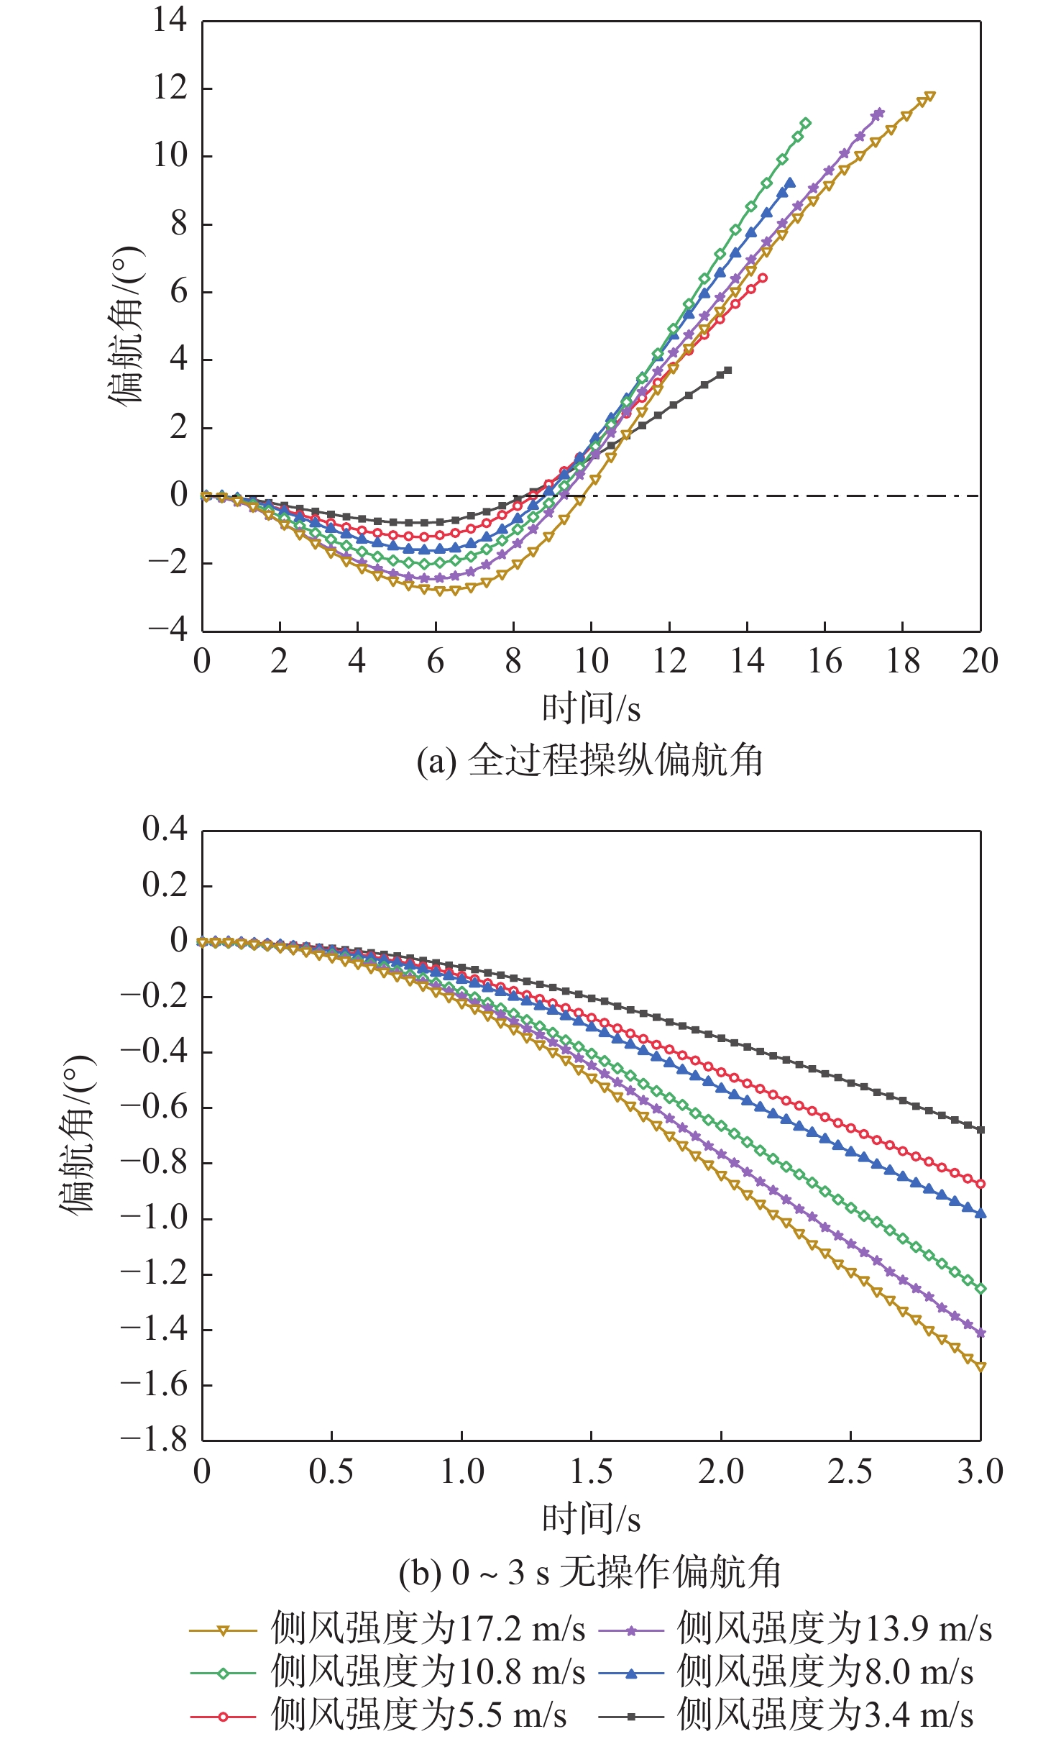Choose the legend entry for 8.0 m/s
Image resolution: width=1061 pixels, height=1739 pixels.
[786, 1672]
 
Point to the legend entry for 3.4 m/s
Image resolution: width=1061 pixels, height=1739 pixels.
[786, 1715]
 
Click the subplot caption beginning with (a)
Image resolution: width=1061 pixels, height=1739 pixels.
[589, 760]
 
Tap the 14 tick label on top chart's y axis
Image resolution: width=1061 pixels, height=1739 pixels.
[170, 19]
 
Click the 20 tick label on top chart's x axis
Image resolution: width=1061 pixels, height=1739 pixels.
[980, 661]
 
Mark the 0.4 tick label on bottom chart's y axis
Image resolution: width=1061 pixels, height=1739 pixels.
[165, 829]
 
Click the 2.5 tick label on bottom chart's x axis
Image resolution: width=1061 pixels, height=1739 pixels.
[850, 1471]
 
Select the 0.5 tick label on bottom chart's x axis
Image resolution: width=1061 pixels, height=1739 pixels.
[331, 1471]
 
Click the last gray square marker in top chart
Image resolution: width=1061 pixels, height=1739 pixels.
[728, 370]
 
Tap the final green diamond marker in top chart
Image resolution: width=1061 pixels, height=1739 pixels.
[805, 123]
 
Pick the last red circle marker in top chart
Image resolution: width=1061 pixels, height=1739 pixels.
[763, 278]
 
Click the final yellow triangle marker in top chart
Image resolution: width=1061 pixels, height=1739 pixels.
[930, 96]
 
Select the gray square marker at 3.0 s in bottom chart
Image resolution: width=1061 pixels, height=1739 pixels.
[980, 1130]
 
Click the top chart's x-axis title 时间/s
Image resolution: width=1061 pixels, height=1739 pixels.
[591, 708]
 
